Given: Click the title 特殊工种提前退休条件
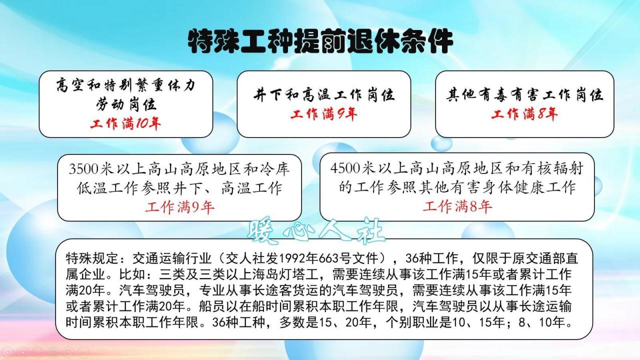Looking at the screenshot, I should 320,41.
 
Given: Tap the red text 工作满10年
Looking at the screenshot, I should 125,123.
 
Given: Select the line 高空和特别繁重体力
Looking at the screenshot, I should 125,85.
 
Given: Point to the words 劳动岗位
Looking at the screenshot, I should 126,104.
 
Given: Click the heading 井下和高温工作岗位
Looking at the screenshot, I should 323,94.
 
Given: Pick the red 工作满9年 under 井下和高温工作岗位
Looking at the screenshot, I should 323,114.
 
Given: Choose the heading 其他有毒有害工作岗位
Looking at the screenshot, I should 524,94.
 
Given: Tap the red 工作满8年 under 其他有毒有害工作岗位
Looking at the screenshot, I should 524,114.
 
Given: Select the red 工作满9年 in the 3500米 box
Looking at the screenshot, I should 179,206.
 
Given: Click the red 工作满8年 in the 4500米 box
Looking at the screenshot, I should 457,206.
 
